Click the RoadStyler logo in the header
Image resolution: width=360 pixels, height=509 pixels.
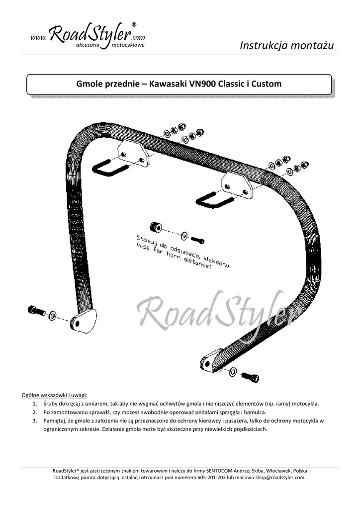88,36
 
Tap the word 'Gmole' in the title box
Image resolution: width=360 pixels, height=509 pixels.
88,84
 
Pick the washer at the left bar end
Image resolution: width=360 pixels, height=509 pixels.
52,315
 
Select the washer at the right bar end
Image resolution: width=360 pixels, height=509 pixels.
233,371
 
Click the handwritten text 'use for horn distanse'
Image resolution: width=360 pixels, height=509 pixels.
174,257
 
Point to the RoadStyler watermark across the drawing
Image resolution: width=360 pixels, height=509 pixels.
216,311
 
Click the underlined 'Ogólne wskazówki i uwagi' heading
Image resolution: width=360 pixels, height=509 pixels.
55,395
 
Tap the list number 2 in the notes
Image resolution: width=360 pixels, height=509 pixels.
35,413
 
